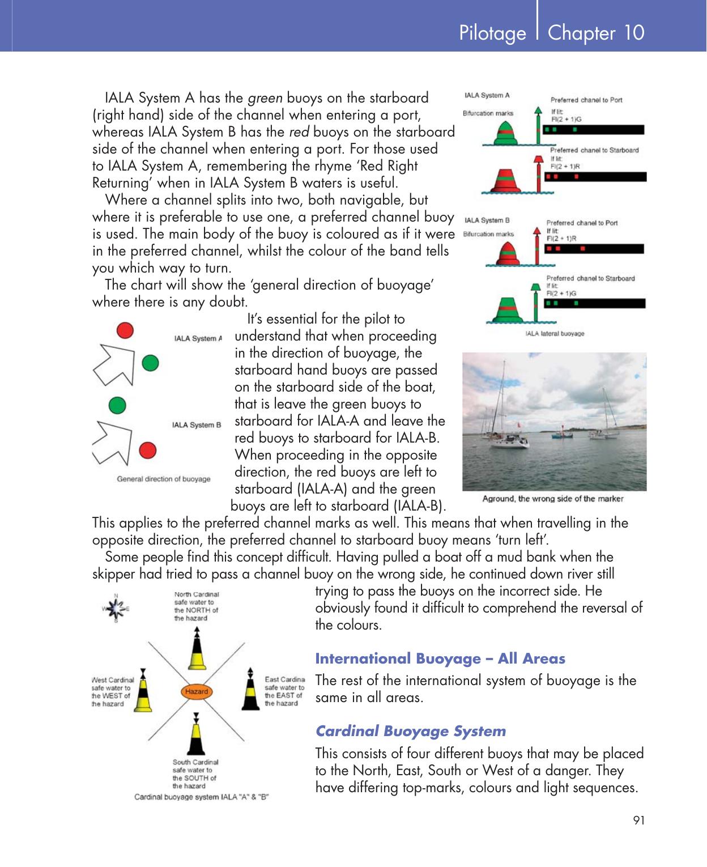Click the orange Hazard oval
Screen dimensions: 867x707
point(196,691)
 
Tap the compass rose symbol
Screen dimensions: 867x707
point(116,609)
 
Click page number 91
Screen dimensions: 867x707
point(638,820)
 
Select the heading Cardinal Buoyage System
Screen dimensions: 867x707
point(410,731)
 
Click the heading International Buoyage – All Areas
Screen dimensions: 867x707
point(440,658)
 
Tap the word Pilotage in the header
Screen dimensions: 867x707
point(492,33)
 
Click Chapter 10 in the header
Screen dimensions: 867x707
point(596,33)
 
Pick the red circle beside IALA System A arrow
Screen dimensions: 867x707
point(125,330)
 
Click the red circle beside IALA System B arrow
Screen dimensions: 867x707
point(148,450)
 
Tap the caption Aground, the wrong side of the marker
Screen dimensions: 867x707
point(552,499)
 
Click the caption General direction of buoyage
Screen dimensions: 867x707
point(163,479)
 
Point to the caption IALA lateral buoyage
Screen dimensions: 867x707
point(554,333)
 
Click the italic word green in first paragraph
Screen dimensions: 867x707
point(265,98)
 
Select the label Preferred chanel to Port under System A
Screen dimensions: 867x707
point(586,100)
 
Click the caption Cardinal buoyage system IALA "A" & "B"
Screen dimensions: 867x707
point(201,797)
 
